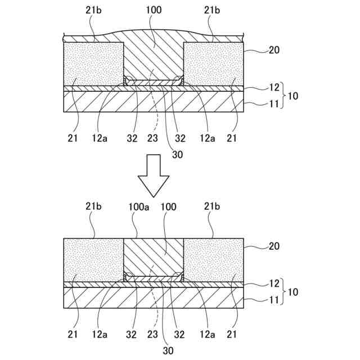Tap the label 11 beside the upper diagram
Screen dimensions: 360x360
(274, 103)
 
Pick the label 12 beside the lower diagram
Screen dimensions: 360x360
(274, 282)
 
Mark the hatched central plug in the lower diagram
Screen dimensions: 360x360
(154, 256)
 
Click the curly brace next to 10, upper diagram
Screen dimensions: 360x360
(284, 96)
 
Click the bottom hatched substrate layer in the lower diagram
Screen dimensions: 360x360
(154, 298)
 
